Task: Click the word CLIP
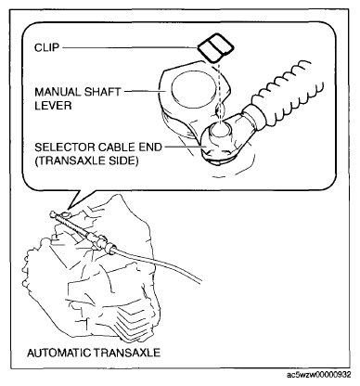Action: [46, 48]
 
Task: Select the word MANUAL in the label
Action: [57, 92]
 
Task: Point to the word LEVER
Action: [53, 106]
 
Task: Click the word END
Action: [150, 148]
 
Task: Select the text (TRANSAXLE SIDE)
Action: [86, 161]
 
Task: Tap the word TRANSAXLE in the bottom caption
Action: [127, 353]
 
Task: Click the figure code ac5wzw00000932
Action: [319, 375]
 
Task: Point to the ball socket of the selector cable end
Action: [220, 132]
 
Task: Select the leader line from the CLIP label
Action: [129, 47]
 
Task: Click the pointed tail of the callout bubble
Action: [69, 208]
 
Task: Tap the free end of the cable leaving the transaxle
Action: [201, 282]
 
